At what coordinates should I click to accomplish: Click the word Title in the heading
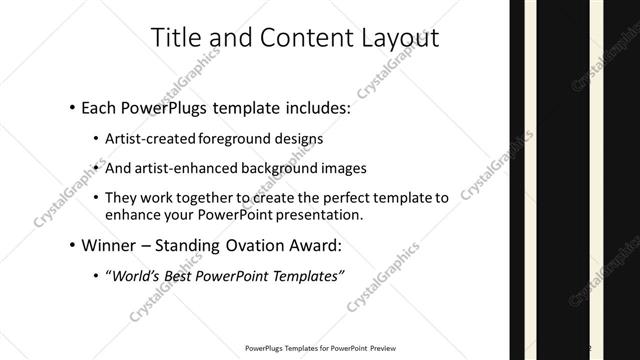[176, 38]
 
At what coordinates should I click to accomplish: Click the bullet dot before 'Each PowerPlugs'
[73, 105]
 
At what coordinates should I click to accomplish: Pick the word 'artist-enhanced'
[184, 168]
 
